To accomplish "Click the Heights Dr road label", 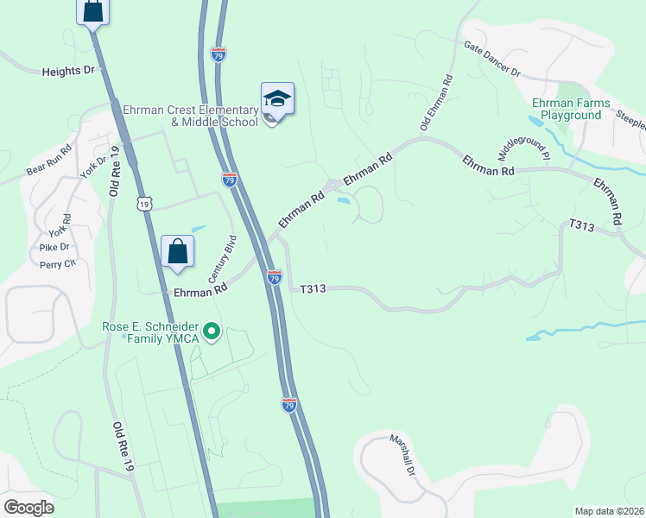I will tap(67, 72).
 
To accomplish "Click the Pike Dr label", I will tap(54, 247).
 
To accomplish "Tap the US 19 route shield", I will tap(144, 202).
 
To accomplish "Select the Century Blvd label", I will tap(221, 259).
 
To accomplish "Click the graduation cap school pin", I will tap(277, 100).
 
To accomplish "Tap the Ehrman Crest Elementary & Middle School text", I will tap(191, 116).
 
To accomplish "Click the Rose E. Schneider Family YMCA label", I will tap(150, 332).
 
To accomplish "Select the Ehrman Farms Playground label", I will tap(571, 109).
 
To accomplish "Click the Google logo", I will tap(28, 507).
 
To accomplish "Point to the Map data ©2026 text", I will tap(610, 511).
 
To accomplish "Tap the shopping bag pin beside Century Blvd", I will tap(177, 253).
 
